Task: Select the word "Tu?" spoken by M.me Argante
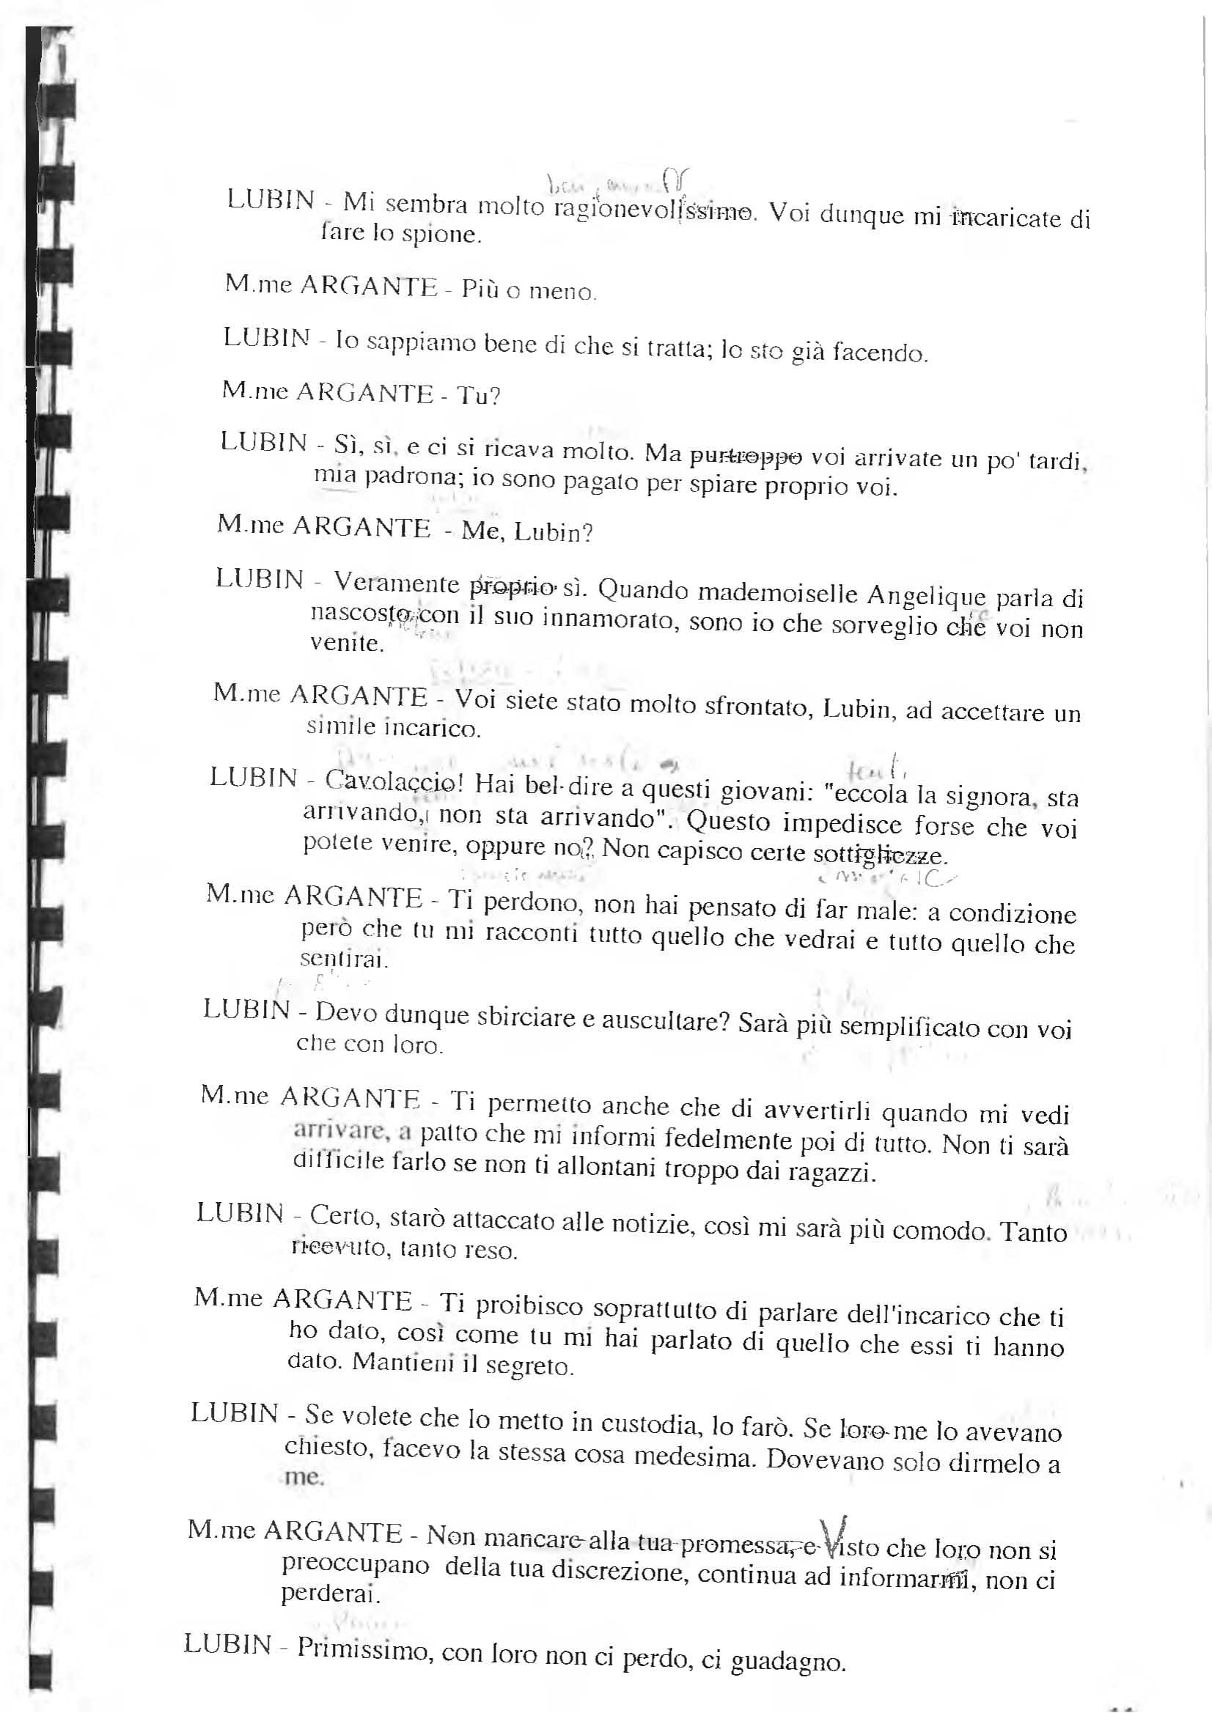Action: (478, 395)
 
